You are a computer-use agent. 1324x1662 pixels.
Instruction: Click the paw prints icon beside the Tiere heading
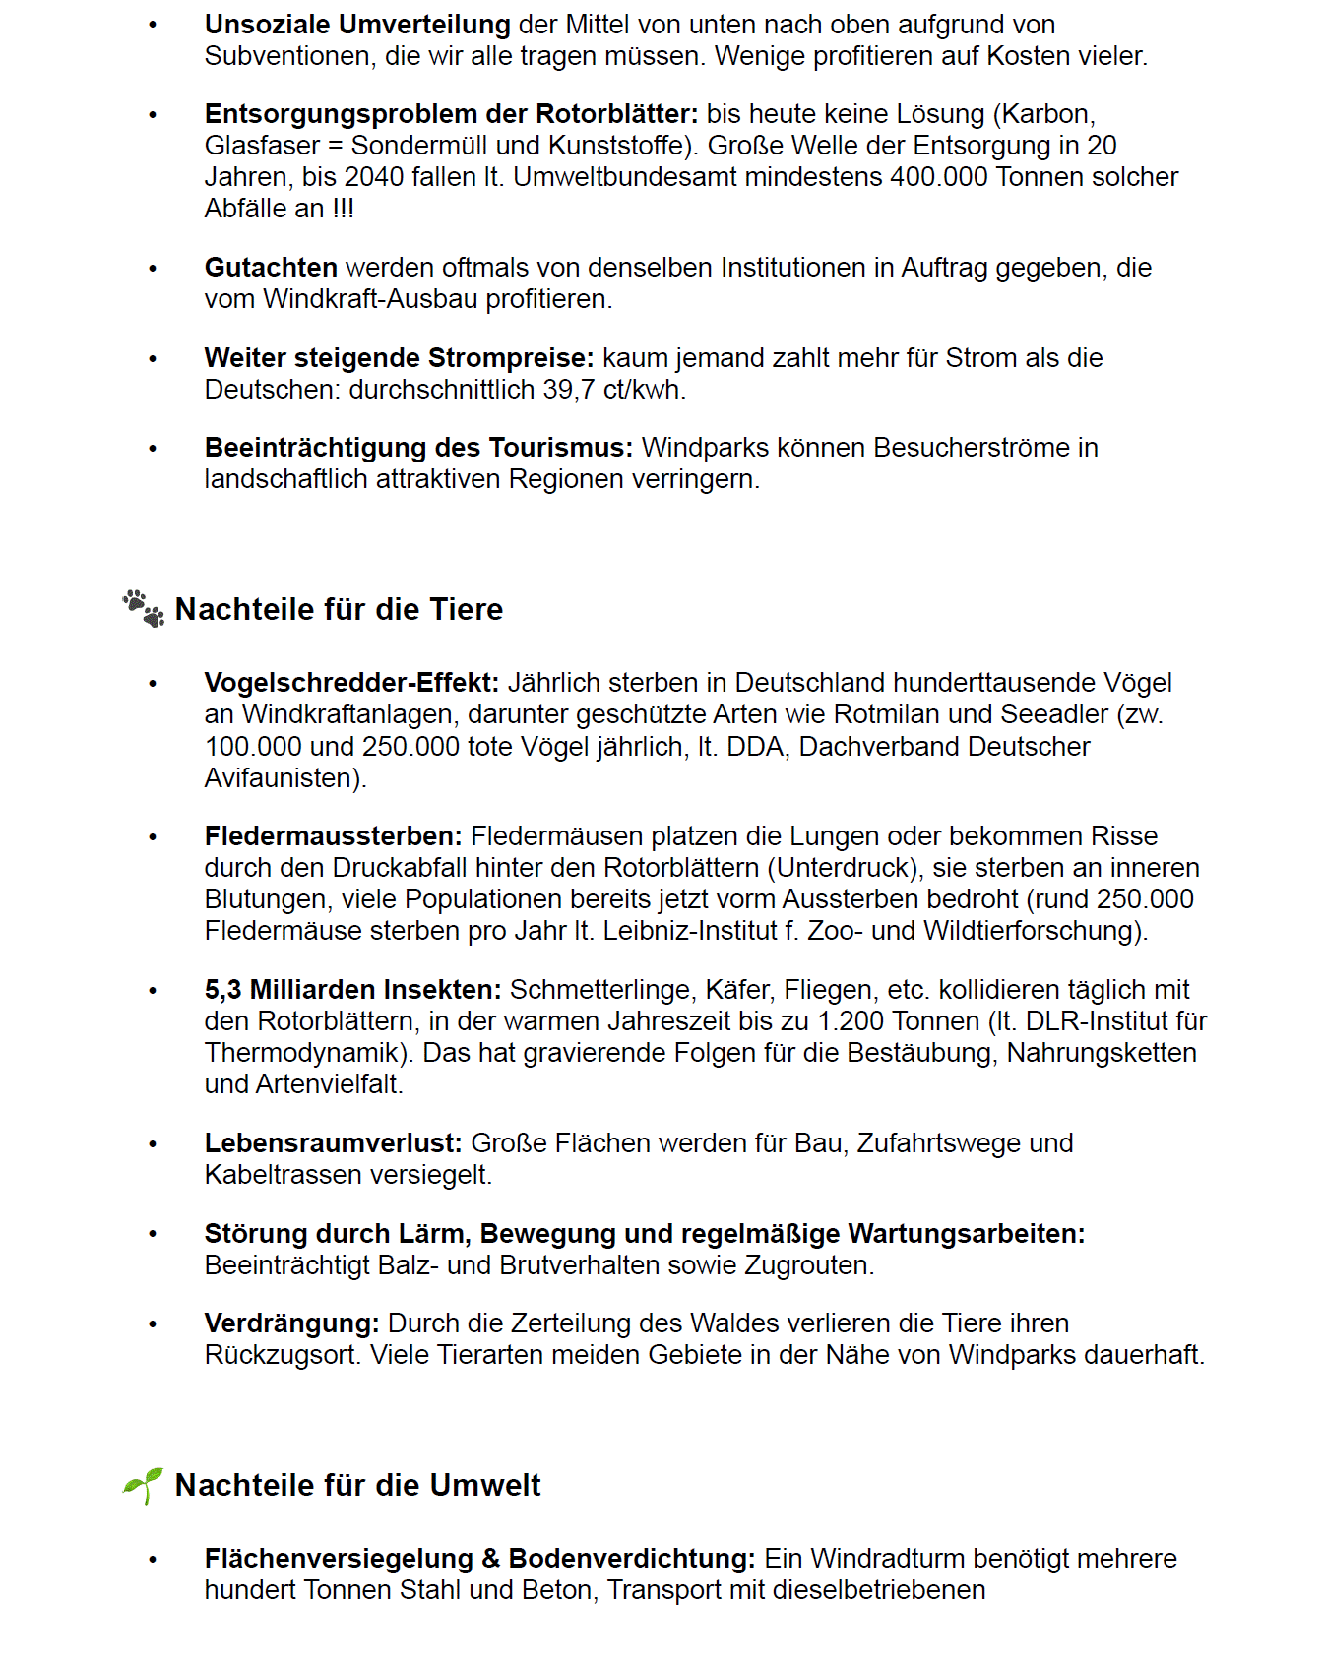click(144, 609)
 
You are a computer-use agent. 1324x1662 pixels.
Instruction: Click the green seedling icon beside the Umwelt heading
click(144, 1484)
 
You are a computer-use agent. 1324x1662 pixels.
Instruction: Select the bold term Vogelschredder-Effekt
click(351, 683)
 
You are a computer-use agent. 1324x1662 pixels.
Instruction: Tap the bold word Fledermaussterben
click(333, 836)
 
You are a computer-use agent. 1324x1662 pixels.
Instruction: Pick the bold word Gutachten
click(271, 268)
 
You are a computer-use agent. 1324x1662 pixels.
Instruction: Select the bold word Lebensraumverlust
click(333, 1143)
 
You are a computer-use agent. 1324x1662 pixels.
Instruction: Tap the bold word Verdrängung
click(291, 1323)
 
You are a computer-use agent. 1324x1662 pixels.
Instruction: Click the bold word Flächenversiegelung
click(339, 1559)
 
